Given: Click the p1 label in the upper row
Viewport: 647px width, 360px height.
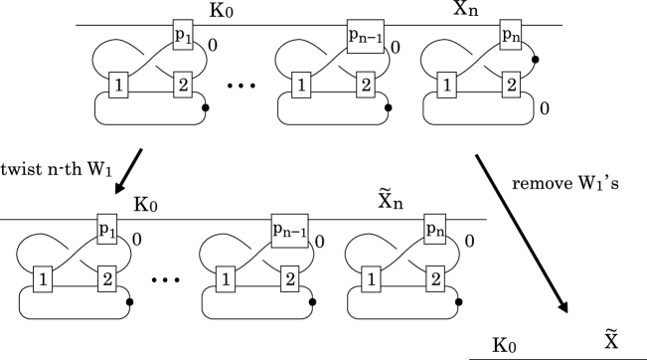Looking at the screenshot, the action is click(x=183, y=37).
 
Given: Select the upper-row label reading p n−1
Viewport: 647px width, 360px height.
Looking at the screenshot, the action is click(x=366, y=37).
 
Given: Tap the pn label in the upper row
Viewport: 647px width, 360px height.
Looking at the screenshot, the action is click(x=511, y=37).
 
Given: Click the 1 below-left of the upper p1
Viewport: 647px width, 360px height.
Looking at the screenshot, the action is click(x=118, y=86).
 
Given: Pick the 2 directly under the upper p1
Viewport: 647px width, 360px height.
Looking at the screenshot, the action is click(x=183, y=86).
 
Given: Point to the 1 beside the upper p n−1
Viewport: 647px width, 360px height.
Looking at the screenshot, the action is click(x=300, y=86).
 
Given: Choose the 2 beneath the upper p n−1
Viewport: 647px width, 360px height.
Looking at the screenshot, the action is click(x=366, y=86).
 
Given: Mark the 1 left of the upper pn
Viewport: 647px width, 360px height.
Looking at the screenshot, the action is click(x=446, y=86).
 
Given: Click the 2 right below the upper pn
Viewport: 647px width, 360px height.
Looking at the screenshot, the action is click(x=511, y=86).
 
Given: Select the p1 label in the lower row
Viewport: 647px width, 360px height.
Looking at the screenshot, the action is click(x=107, y=230).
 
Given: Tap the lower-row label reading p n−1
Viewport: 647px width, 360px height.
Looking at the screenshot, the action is click(x=289, y=231).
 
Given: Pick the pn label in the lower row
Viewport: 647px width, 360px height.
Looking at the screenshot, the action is click(x=435, y=230).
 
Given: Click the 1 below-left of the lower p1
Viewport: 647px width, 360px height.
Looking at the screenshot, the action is click(x=43, y=279).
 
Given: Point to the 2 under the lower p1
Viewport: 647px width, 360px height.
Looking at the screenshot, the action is click(x=107, y=279).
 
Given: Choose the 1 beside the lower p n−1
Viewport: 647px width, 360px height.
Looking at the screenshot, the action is click(x=226, y=279).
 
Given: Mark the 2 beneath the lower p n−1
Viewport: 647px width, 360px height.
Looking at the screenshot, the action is click(x=289, y=279).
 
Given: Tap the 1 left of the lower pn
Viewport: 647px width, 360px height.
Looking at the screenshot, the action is click(x=371, y=279).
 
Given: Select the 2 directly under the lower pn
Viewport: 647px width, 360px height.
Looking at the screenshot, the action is click(x=435, y=279).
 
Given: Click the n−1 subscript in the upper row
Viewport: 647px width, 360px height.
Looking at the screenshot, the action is click(x=372, y=41).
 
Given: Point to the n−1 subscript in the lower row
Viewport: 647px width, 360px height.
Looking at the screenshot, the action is click(x=295, y=235).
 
